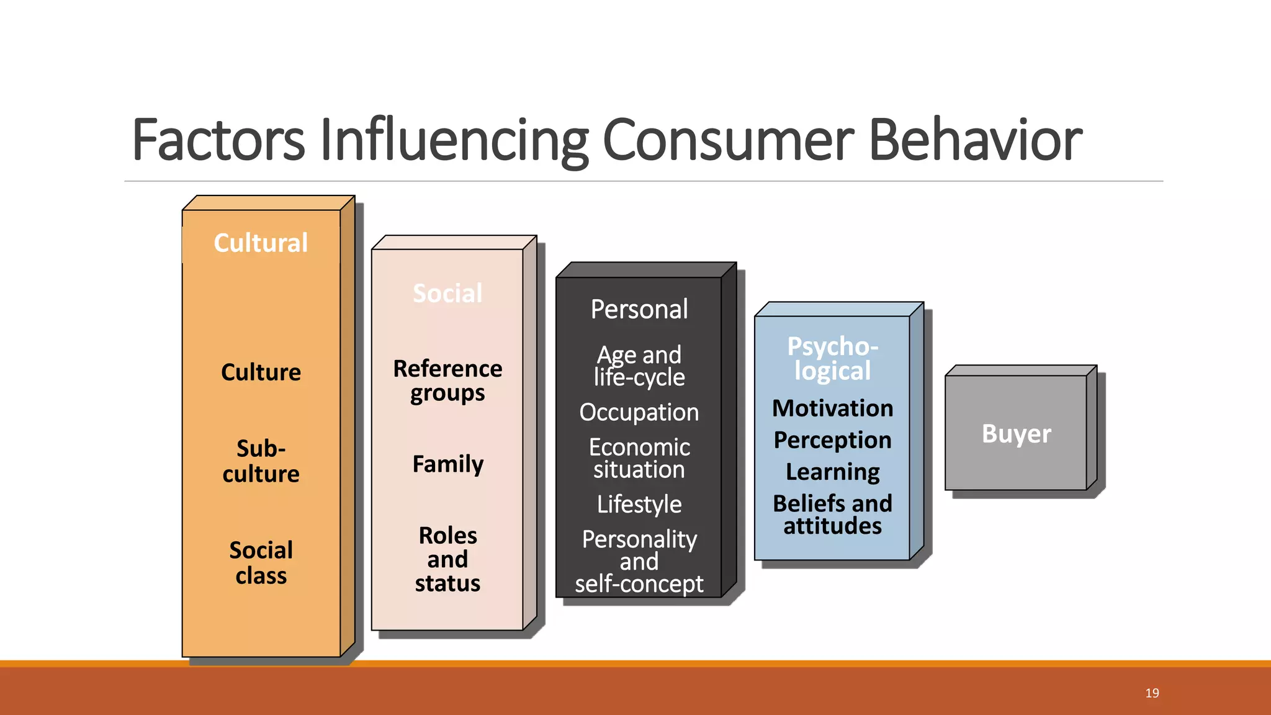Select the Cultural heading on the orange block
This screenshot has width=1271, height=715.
tap(261, 243)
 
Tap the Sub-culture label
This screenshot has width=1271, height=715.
tap(261, 461)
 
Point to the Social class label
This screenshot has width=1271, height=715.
tap(261, 562)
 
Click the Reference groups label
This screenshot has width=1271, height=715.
tap(447, 380)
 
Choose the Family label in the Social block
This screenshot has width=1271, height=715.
tap(447, 464)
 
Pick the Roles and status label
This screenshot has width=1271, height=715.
tap(447, 559)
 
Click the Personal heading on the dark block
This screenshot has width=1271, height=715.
tap(639, 309)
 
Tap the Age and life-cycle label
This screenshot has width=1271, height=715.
tap(639, 366)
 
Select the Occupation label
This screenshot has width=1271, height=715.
tap(639, 412)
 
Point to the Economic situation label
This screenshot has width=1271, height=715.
tap(639, 458)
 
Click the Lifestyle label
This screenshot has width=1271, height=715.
tap(639, 504)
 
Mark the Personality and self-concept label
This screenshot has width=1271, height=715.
tap(639, 561)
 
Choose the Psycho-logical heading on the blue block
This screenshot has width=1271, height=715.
tap(832, 358)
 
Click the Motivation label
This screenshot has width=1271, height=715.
tap(832, 408)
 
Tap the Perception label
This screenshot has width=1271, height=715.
tap(832, 440)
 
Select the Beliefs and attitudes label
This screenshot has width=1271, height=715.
tap(832, 514)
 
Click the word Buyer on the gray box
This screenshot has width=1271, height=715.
tap(1016, 433)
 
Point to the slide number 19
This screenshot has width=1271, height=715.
tap(1152, 693)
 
